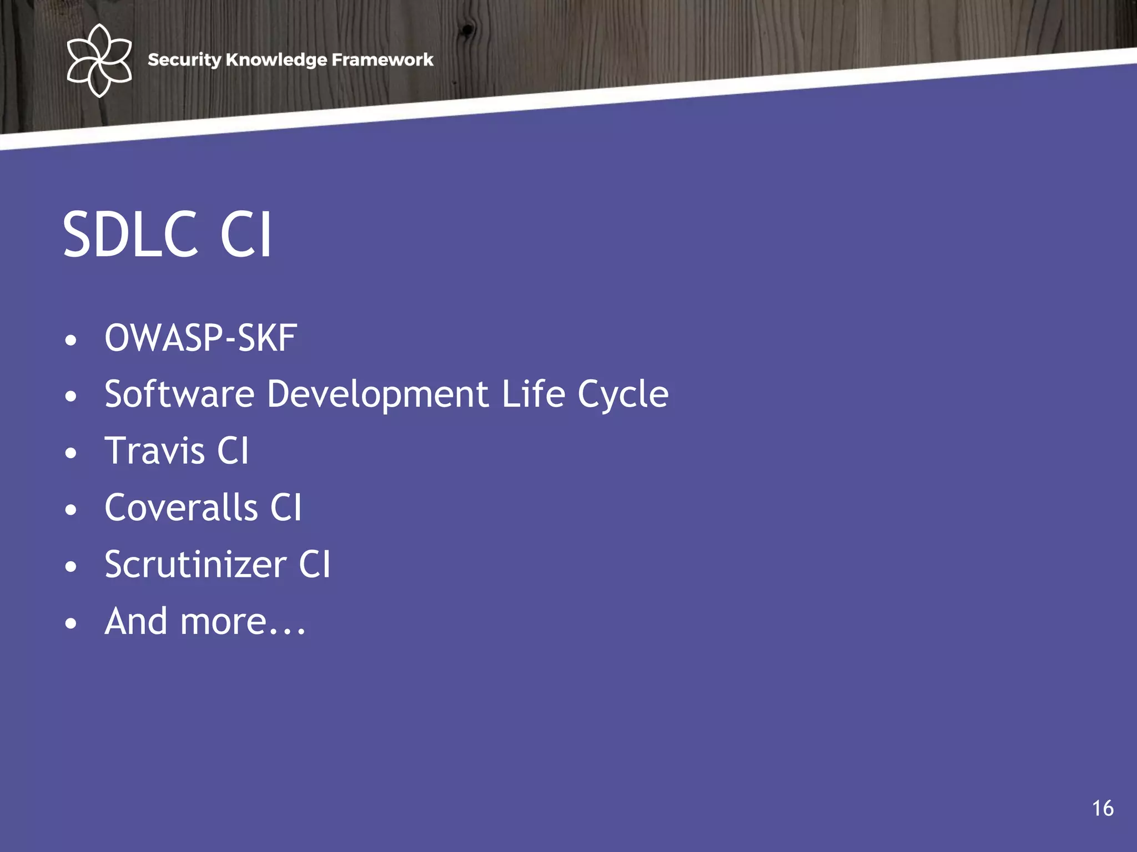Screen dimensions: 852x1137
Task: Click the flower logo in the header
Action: (x=99, y=60)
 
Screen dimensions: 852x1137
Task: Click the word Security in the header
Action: (x=184, y=60)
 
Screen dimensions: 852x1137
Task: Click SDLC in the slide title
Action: (x=130, y=235)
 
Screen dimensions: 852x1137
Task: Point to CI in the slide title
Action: (x=246, y=235)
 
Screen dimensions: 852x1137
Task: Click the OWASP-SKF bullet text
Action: (x=200, y=338)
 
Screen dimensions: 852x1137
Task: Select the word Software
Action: (x=179, y=394)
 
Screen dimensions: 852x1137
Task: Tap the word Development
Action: (x=378, y=394)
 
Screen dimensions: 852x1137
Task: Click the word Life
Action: (x=533, y=394)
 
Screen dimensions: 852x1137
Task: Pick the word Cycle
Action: (x=623, y=395)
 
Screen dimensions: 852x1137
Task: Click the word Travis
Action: (x=154, y=451)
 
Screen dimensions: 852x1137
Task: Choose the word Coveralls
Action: (x=181, y=508)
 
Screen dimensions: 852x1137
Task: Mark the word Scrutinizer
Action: (x=195, y=565)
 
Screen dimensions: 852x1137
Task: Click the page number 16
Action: (x=1103, y=809)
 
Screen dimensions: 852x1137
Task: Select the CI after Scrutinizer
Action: (x=314, y=565)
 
